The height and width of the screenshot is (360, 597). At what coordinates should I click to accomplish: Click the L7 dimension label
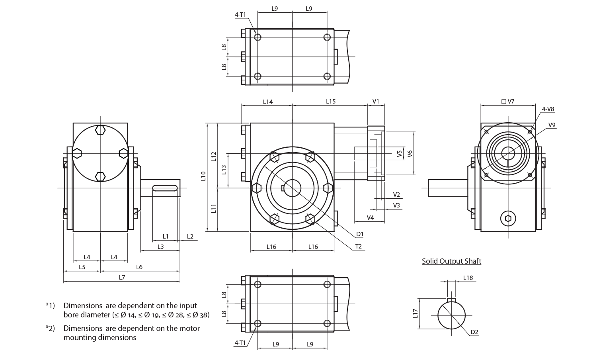tap(122, 278)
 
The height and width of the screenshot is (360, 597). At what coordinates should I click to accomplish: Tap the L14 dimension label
tap(268, 102)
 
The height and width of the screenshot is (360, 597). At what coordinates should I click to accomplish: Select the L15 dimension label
tap(331, 102)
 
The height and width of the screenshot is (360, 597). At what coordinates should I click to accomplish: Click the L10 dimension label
tap(203, 176)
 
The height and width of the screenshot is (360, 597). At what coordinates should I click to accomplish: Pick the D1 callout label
tap(360, 234)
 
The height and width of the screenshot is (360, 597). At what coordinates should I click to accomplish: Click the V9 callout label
tap(552, 125)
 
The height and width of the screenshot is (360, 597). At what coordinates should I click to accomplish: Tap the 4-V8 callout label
tap(548, 108)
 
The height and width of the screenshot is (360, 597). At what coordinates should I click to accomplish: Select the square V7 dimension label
tap(508, 102)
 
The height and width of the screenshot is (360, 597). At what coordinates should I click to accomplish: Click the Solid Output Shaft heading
tap(452, 261)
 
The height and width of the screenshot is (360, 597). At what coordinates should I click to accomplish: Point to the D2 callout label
tap(474, 332)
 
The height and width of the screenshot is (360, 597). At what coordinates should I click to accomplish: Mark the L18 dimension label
tap(468, 278)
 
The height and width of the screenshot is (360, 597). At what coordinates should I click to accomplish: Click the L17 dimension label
tap(416, 314)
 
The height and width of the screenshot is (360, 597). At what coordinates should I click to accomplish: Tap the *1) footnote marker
tap(50, 306)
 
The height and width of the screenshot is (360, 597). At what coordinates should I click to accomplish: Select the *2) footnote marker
tap(50, 329)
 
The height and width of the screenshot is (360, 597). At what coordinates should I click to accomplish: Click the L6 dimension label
tap(139, 267)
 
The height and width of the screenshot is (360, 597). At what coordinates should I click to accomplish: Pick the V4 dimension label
tap(370, 217)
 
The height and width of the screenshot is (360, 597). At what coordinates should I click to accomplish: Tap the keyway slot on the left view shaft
tap(165, 188)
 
